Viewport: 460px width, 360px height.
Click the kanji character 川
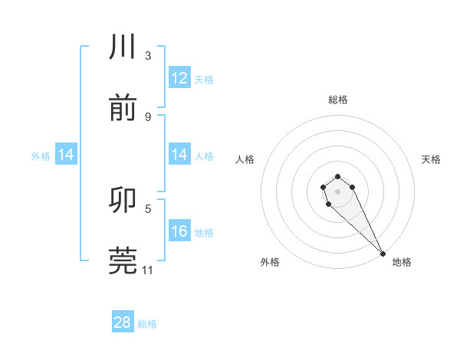tap(123, 47)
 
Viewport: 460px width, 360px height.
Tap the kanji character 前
tap(123, 109)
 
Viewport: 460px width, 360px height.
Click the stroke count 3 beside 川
tap(148, 55)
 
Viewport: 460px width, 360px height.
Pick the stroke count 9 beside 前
tap(148, 116)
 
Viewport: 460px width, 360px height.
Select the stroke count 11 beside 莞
tap(148, 270)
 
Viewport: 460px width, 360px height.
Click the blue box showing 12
tap(179, 78)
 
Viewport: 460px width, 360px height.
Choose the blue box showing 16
tap(179, 231)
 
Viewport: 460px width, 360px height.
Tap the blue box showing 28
tap(123, 322)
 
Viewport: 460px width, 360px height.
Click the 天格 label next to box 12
tap(204, 79)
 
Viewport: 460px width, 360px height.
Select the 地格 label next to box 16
tap(204, 232)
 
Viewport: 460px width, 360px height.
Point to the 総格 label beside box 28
tap(147, 324)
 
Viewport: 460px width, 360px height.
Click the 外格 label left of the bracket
tap(41, 155)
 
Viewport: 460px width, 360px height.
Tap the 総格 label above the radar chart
tap(338, 100)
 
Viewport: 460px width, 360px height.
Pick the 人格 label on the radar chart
tap(245, 159)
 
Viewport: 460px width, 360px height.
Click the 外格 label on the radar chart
tap(270, 262)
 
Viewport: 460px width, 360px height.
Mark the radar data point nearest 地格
tap(383, 254)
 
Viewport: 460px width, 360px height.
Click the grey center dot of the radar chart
tap(337, 191)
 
